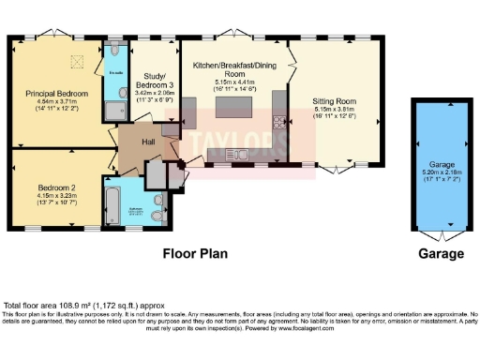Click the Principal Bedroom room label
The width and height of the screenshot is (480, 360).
[x=57, y=94]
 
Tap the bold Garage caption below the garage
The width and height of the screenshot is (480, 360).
[x=441, y=253]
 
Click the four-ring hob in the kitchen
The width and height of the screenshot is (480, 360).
[x=279, y=121]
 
